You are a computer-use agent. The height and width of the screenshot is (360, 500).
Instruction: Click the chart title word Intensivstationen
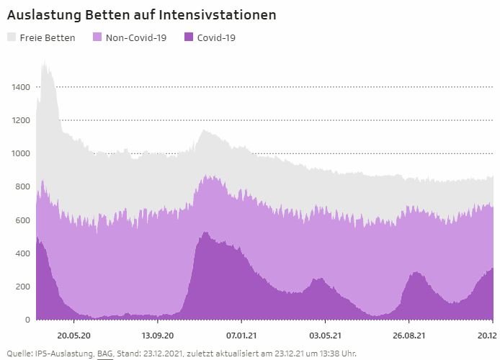[231, 14]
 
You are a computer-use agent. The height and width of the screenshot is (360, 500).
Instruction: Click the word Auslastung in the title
[42, 14]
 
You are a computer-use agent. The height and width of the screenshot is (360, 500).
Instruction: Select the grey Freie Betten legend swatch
[12, 37]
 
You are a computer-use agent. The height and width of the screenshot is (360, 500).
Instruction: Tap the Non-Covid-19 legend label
[136, 37]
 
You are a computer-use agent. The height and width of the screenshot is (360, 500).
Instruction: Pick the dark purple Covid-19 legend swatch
[189, 37]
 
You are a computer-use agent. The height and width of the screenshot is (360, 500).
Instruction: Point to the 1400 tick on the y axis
[21, 87]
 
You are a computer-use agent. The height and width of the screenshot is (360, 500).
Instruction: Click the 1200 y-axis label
[21, 120]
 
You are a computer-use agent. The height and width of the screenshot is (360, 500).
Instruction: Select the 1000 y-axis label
[21, 153]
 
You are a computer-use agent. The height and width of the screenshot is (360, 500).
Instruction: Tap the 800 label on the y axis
[23, 187]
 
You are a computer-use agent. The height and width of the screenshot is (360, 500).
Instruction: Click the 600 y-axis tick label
[23, 220]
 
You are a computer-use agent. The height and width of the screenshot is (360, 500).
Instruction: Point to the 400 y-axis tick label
[23, 253]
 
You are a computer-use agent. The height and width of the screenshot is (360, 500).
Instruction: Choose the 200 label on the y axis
[23, 287]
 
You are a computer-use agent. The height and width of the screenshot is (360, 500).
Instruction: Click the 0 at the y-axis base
[27, 320]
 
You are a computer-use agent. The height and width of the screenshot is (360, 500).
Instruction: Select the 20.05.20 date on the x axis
[74, 335]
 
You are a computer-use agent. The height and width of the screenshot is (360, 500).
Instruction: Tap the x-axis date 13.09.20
[158, 335]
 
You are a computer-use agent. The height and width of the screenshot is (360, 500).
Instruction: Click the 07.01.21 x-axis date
[241, 335]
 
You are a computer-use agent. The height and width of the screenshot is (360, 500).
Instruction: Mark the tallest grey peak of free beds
[45, 63]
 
